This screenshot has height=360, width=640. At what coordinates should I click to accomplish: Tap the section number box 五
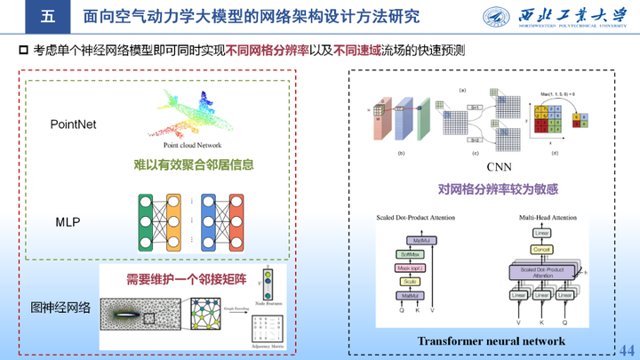click(48, 17)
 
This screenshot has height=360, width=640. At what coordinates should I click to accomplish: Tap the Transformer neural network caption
click(492, 341)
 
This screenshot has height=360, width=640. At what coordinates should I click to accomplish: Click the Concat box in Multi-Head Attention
click(544, 251)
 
